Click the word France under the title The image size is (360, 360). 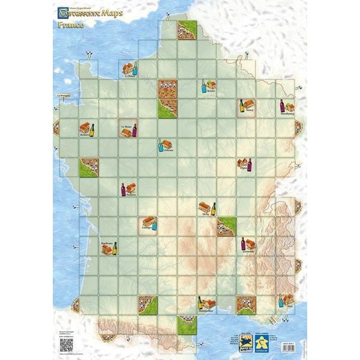pyautogui.click(x=70, y=26)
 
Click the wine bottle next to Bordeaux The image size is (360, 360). pyautogui.click(x=115, y=247)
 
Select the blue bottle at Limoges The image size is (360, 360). pyautogui.click(x=154, y=224)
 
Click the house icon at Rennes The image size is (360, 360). pyautogui.click(x=85, y=128)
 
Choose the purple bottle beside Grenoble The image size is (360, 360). pyautogui.click(x=243, y=243)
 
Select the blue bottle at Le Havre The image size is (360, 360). pyautogui.click(x=135, y=68)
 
